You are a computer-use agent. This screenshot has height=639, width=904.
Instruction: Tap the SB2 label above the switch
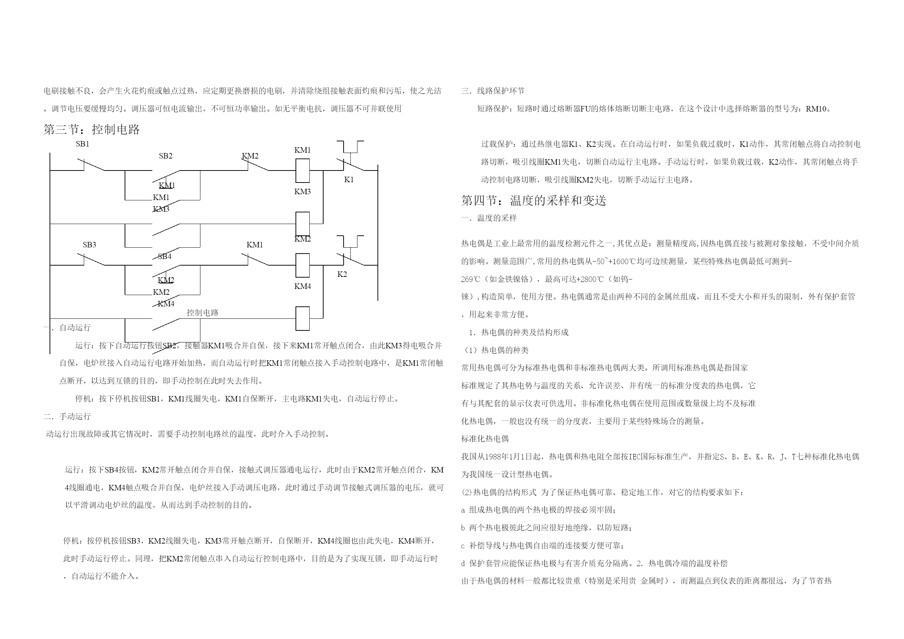tap(165, 156)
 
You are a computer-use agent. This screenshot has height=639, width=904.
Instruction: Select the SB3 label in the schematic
tap(89, 245)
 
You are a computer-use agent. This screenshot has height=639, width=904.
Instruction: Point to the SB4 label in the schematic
tap(165, 257)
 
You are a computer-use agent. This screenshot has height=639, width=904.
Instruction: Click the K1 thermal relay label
tap(349, 180)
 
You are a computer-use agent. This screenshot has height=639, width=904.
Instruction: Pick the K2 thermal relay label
tap(342, 274)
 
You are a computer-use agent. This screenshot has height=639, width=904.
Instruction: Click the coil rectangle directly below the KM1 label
tap(302, 170)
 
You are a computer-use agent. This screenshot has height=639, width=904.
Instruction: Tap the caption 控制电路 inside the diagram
tap(202, 313)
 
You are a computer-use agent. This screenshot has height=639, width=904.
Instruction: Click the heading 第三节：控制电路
tap(91, 130)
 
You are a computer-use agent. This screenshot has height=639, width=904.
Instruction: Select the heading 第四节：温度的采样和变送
tap(533, 200)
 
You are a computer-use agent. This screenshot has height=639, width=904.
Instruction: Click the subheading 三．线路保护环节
tap(493, 91)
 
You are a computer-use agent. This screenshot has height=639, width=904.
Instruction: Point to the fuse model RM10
tap(816, 109)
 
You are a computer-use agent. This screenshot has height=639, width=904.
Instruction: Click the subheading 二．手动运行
tap(67, 416)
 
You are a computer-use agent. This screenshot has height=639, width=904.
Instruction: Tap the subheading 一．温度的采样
tap(489, 218)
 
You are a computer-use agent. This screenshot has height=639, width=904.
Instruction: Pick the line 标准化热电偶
tap(485, 439)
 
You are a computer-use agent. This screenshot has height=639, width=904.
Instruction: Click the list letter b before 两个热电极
tap(463, 528)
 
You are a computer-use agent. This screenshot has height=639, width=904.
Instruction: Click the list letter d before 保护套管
tap(463, 564)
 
